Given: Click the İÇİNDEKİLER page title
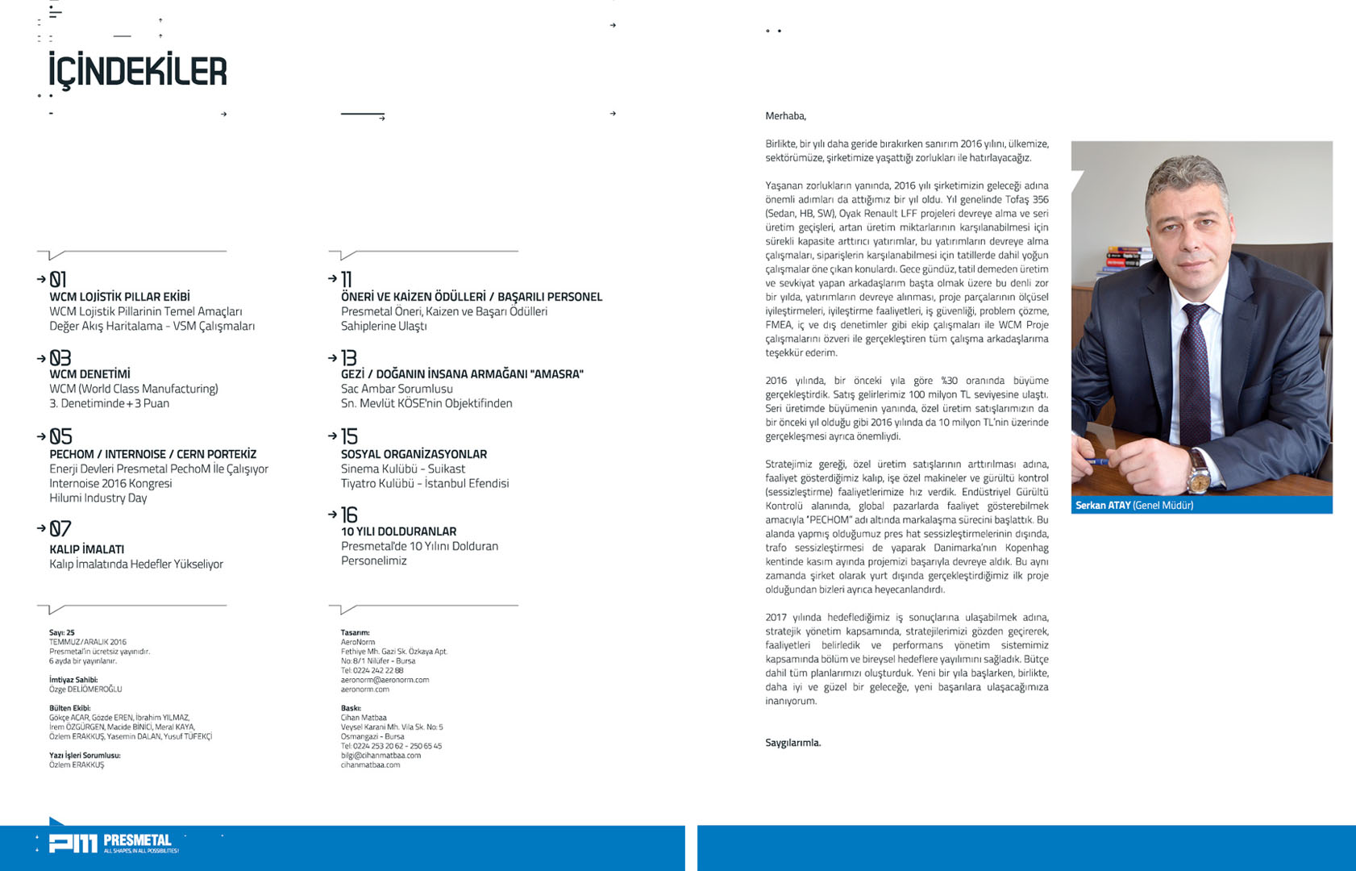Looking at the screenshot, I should coord(138,71).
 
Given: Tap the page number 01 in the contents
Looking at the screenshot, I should coord(58,280).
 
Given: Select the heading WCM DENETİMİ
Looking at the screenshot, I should coord(89,374).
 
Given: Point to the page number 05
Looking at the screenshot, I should coord(60,436).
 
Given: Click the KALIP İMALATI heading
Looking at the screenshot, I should coord(86,549).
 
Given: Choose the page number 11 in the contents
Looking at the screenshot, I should coord(347,280).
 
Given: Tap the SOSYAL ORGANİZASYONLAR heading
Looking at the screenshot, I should coord(414,454).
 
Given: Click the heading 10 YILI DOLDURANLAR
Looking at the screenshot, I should coord(398,531).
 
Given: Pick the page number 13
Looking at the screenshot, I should coord(348,358).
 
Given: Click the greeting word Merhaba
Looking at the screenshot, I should coord(785,116).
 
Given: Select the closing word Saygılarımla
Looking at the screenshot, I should coord(792,743).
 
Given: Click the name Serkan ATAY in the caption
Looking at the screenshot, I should coord(1103,506).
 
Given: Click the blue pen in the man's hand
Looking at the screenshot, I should coord(1098,461).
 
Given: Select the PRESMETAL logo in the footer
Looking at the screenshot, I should coord(113,844).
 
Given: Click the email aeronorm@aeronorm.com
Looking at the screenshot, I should coord(385,680).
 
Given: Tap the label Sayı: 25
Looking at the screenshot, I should coord(62,633).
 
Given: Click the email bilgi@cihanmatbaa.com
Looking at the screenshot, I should coord(381,756).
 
